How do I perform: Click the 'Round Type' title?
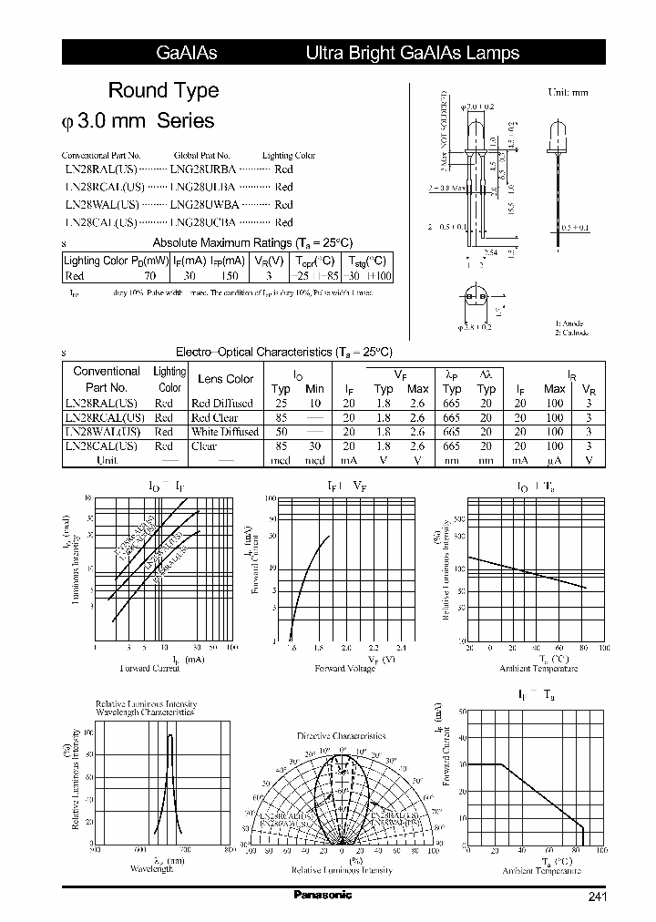163,90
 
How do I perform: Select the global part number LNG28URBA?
203,169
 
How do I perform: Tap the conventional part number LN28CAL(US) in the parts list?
101,221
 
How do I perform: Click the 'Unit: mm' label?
568,93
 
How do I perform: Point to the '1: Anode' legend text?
569,323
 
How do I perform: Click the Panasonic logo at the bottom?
323,895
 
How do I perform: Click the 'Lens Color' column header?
225,379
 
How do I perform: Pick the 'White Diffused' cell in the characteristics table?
225,432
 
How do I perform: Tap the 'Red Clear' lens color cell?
214,417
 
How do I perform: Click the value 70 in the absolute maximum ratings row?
149,275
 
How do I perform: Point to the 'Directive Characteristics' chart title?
341,735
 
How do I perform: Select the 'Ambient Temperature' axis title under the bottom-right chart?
540,870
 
